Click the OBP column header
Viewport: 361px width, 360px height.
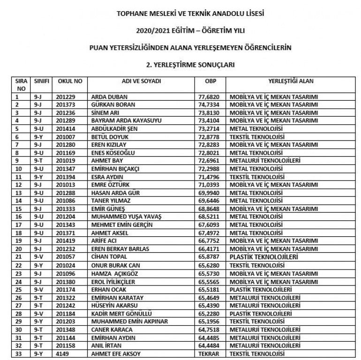click(x=210, y=81)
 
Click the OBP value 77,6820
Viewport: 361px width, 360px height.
click(x=210, y=97)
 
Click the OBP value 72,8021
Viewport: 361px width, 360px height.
click(x=210, y=152)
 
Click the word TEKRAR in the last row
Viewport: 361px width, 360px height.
click(x=210, y=353)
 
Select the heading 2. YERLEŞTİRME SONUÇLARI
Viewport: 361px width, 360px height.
click(x=190, y=63)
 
